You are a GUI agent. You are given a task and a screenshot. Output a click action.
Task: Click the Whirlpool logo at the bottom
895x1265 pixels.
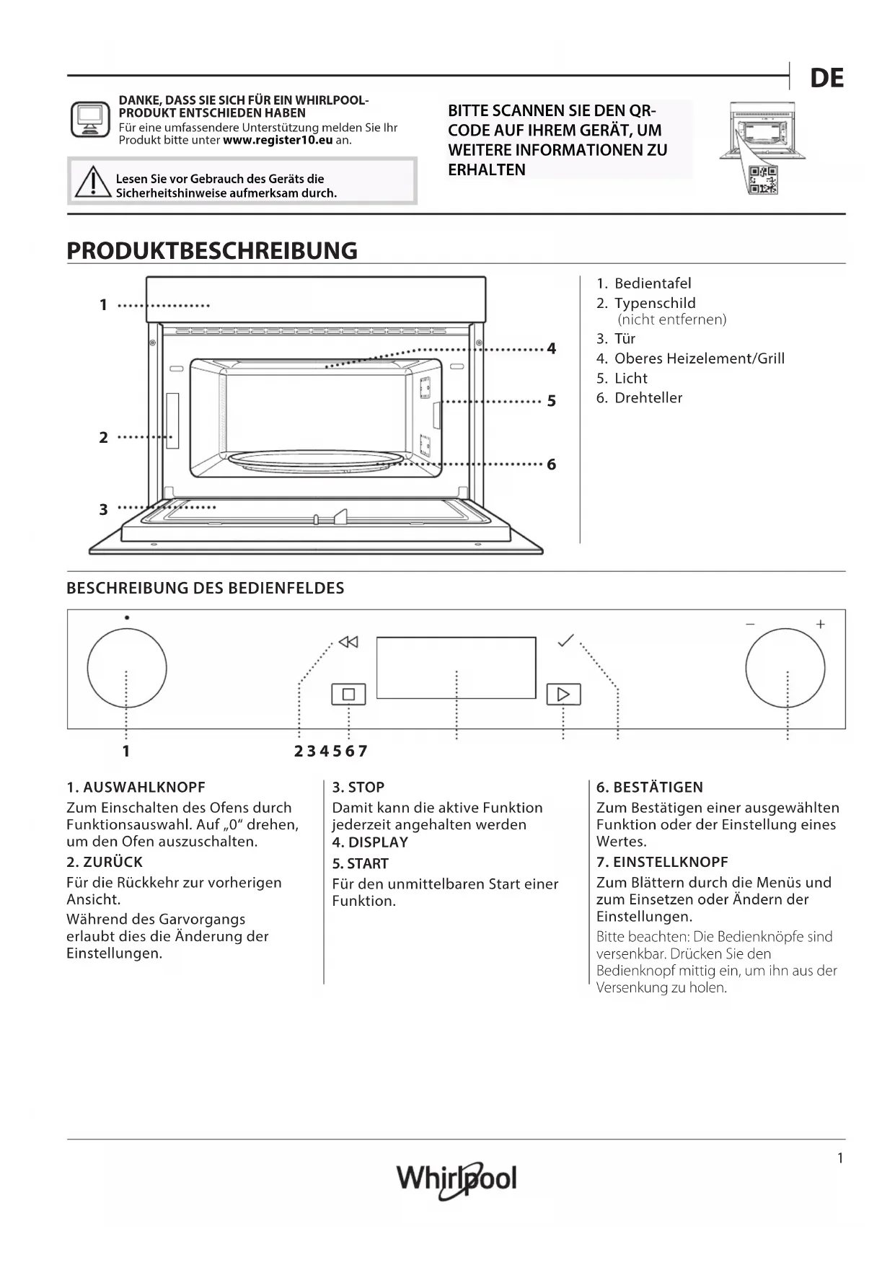coord(457,1179)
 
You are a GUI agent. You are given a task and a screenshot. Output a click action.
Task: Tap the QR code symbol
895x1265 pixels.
coord(763,180)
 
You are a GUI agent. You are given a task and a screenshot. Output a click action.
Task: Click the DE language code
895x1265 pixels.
coord(826,79)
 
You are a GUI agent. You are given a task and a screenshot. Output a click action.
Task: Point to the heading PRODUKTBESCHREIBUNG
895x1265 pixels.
coord(212,251)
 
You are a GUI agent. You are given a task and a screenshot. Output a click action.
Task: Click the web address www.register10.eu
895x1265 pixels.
coord(278,140)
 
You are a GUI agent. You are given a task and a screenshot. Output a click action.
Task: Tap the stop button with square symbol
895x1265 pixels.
coord(348,694)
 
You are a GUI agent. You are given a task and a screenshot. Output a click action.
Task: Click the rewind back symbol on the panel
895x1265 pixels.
coord(348,642)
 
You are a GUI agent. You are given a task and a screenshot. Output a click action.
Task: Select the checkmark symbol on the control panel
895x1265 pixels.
coord(566,640)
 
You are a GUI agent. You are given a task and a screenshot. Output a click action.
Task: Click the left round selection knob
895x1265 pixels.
coord(127,669)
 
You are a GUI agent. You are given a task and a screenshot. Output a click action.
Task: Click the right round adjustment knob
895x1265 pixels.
coord(785,669)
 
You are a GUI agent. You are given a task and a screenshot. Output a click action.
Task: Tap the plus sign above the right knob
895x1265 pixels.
coord(820,625)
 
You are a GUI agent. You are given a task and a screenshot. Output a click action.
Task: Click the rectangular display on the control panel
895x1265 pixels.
coord(456,668)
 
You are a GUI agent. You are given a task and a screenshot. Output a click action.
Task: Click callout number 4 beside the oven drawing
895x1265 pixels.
coord(552,349)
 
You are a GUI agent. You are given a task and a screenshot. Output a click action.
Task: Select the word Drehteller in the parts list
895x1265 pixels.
coord(648,398)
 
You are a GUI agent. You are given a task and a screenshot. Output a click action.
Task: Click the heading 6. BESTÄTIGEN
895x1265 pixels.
coord(649,788)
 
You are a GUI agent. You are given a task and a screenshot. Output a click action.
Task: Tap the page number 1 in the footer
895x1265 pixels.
coord(840,1158)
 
